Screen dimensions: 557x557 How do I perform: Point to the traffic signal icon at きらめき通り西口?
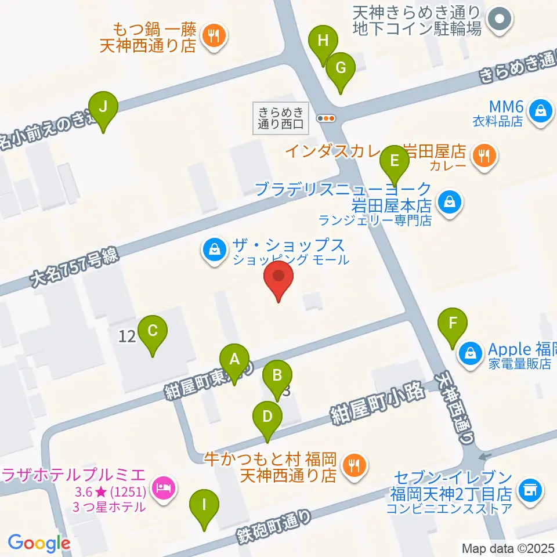point(326,118)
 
